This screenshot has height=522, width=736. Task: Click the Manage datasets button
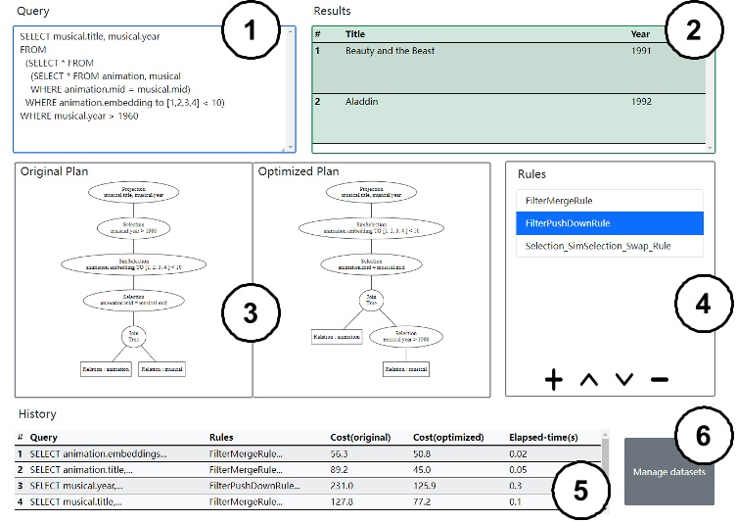coord(668,472)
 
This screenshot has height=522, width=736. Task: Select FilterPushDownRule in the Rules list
coord(609,223)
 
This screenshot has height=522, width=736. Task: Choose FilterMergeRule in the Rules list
coord(609,201)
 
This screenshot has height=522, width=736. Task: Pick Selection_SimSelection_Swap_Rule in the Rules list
coord(609,246)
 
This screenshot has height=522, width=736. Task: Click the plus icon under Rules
coord(554,380)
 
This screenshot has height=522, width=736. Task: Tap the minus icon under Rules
coord(659,380)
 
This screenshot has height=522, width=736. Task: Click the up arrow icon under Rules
coord(589,380)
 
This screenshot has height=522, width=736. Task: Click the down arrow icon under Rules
coord(624,380)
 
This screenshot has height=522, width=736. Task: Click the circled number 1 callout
coord(250,30)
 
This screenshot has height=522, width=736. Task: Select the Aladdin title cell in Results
coord(362,101)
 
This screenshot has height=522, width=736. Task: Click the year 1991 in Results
coord(640,51)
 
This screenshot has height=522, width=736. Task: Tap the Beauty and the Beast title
coord(390,51)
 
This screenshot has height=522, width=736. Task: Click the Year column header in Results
coord(640,34)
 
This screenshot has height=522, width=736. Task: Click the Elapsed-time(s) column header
coord(543,438)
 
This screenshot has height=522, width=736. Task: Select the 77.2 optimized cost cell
coord(428,501)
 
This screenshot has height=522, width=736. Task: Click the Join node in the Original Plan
coord(133,337)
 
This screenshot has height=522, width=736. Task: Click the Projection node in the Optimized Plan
coord(370,192)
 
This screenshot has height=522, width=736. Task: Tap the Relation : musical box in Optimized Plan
coord(406,369)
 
